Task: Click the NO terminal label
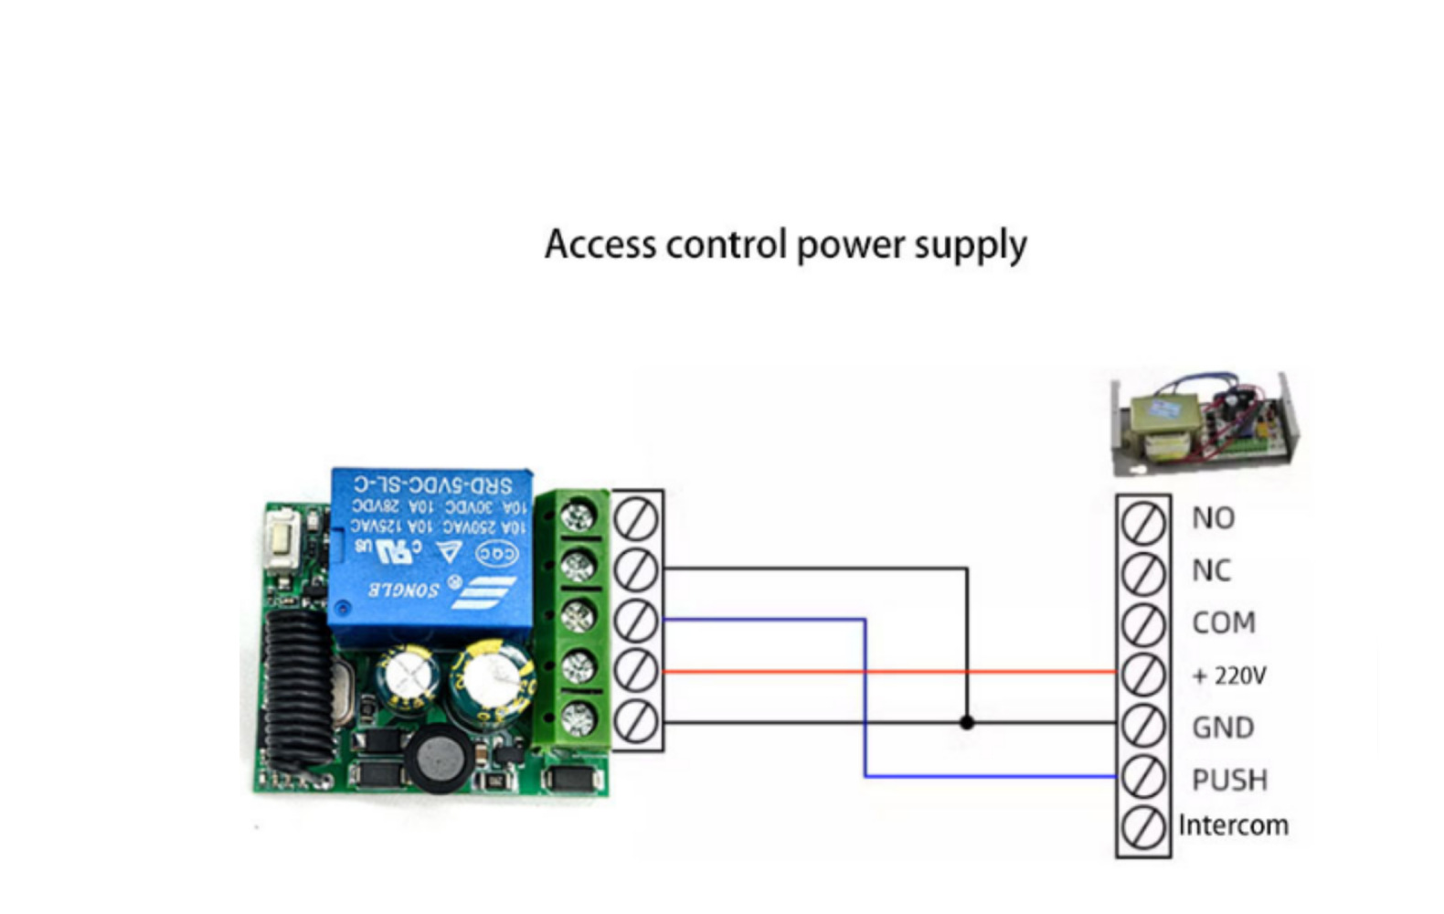[x=1213, y=518]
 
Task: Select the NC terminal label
[x=1211, y=570]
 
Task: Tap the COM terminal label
[x=1223, y=622]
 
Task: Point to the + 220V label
[x=1229, y=675]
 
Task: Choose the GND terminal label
[x=1222, y=728]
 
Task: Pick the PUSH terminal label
[x=1229, y=780]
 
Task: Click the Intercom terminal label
[x=1233, y=825]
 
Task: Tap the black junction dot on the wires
[x=967, y=723]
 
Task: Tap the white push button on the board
[x=279, y=539]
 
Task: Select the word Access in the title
[x=600, y=245]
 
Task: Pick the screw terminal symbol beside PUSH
[x=1142, y=778]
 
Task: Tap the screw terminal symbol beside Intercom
[x=1142, y=828]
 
